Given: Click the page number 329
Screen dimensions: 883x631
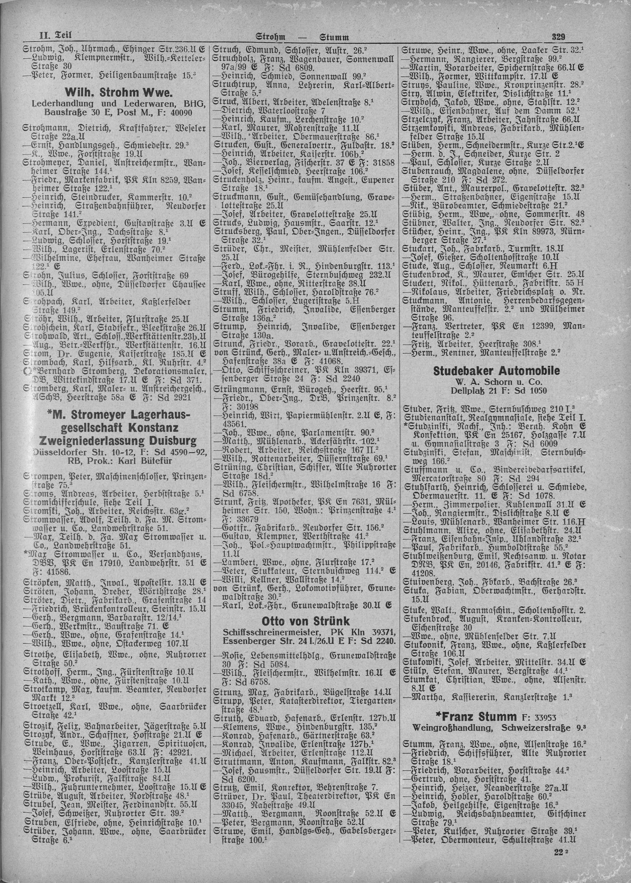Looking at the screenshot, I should (x=558, y=37).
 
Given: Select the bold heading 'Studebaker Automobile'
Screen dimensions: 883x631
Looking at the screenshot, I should (x=496, y=371).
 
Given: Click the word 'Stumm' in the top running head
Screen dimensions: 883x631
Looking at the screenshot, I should (x=334, y=38).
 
